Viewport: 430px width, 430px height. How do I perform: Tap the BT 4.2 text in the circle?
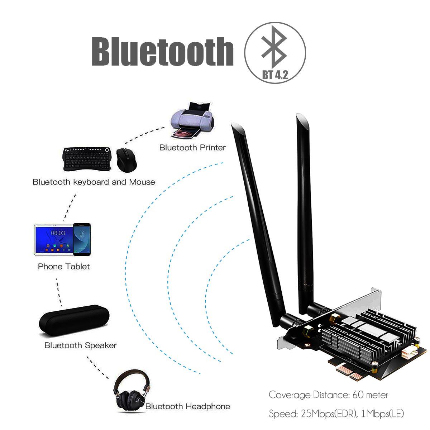275,75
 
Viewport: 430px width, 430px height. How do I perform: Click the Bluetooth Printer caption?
193,147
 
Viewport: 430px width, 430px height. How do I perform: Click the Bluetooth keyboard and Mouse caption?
94,182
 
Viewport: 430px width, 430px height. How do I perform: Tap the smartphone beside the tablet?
82,239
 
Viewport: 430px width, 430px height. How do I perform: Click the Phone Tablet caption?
64,267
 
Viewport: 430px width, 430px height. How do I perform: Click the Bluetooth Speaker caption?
81,345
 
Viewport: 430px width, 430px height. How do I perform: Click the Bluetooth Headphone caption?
188,406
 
